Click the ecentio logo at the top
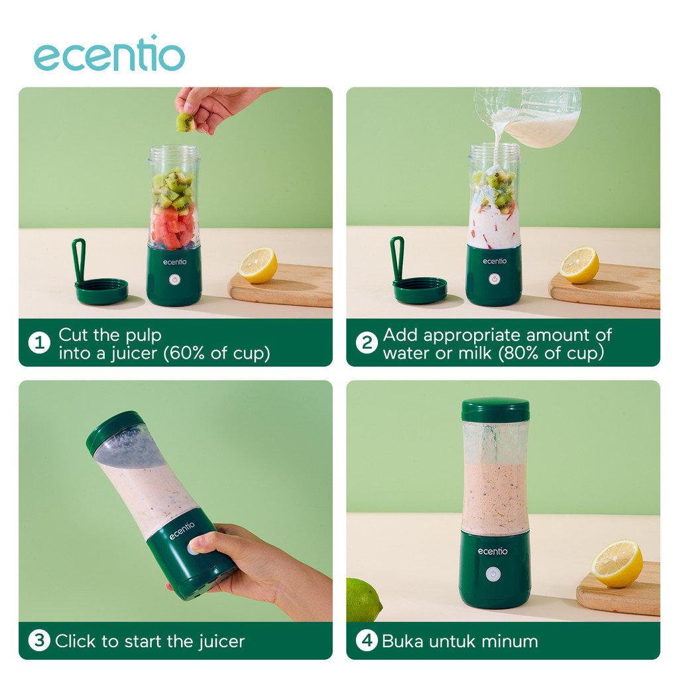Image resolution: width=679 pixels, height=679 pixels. [x=109, y=55]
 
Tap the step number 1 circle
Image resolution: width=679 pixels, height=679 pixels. [x=39, y=343]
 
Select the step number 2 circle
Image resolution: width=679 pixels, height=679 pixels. [x=366, y=343]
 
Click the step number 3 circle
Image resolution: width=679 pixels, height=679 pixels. [x=39, y=641]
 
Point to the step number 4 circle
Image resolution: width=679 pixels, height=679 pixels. [x=366, y=641]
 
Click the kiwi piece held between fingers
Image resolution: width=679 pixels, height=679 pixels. [x=185, y=122]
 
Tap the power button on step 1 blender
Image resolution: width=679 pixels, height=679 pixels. [x=174, y=280]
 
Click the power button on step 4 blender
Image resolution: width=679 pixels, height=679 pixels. [x=493, y=574]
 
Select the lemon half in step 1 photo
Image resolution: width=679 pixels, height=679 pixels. [x=258, y=265]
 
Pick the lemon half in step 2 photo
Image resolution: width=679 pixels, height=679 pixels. [x=579, y=265]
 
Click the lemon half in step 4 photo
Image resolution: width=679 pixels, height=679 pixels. [x=617, y=563]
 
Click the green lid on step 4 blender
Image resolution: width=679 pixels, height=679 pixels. [x=495, y=410]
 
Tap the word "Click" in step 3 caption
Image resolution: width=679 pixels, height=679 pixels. [x=75, y=641]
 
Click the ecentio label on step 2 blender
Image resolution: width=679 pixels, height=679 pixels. [x=495, y=261]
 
